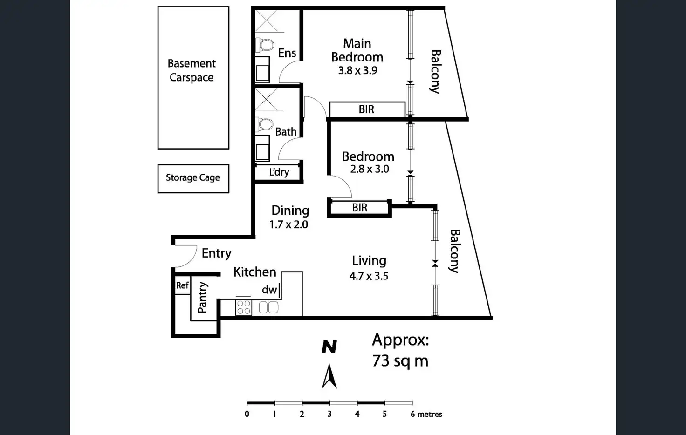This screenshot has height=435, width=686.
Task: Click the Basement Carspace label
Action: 192,70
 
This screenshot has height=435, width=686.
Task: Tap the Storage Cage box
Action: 193,178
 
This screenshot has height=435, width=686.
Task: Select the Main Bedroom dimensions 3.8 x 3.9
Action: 357,71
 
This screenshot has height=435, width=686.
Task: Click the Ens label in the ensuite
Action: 287,53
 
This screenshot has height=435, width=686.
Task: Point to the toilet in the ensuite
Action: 266,45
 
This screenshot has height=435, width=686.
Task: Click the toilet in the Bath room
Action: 265,124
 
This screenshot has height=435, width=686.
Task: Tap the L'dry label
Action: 279,172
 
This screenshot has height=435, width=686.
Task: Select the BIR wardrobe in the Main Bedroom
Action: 367,109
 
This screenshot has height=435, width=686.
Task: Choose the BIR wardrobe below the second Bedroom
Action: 359,208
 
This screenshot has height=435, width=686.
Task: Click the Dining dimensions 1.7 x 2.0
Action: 288,224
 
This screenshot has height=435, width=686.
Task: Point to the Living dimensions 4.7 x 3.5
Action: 369,276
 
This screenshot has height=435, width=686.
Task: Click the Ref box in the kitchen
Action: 182,285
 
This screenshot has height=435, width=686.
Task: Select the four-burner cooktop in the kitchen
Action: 243,307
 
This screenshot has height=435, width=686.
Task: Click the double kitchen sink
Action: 268,307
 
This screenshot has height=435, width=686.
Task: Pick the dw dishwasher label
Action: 269,290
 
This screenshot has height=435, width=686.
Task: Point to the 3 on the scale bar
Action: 329,414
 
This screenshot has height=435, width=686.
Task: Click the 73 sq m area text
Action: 400,361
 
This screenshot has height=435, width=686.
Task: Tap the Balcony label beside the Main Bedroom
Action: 435,72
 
